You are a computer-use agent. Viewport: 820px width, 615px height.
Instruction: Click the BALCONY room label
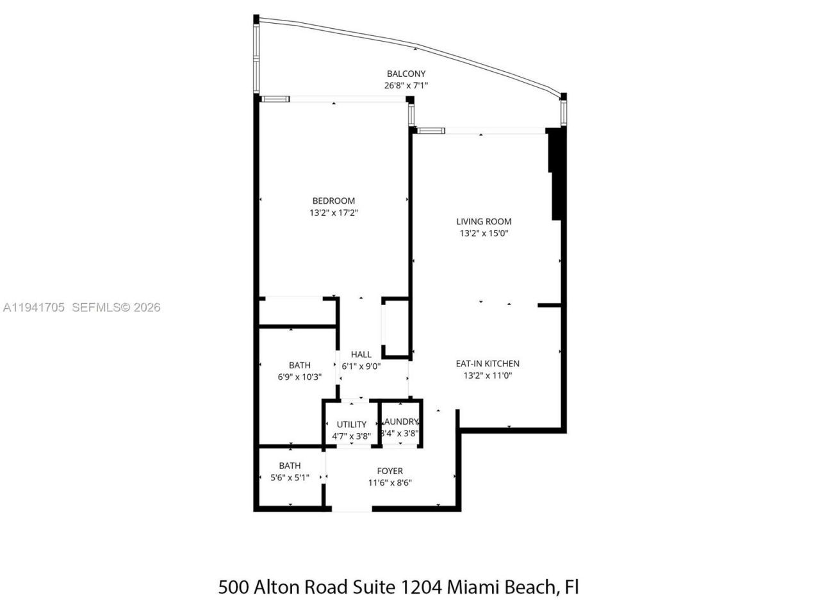point(406,74)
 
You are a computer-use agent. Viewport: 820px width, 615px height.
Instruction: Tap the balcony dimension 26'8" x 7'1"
point(406,85)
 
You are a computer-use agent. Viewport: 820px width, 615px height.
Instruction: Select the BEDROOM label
point(333,201)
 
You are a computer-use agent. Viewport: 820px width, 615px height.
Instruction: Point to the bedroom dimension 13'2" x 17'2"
point(333,213)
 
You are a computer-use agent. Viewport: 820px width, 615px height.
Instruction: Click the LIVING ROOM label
point(484,222)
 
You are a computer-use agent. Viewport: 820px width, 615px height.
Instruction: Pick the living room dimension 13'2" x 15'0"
point(484,234)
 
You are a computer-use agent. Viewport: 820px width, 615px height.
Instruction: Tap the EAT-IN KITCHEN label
point(488,363)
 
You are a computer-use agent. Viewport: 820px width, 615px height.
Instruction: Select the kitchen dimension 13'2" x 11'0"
point(488,375)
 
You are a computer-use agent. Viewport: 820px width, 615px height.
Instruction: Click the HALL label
point(361,354)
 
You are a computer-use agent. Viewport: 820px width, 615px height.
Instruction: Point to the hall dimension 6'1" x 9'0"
point(361,366)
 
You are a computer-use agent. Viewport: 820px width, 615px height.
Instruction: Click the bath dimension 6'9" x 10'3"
point(299,377)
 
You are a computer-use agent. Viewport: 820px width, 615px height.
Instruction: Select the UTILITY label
point(352,424)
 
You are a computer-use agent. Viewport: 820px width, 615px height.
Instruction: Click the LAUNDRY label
point(400,422)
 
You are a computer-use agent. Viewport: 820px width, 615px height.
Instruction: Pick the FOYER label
point(389,471)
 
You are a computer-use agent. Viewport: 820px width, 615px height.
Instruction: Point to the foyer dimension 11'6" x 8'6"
point(389,483)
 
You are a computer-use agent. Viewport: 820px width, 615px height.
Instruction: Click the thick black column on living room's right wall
point(556,173)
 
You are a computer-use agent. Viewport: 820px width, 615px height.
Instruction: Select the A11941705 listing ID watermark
point(33,307)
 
